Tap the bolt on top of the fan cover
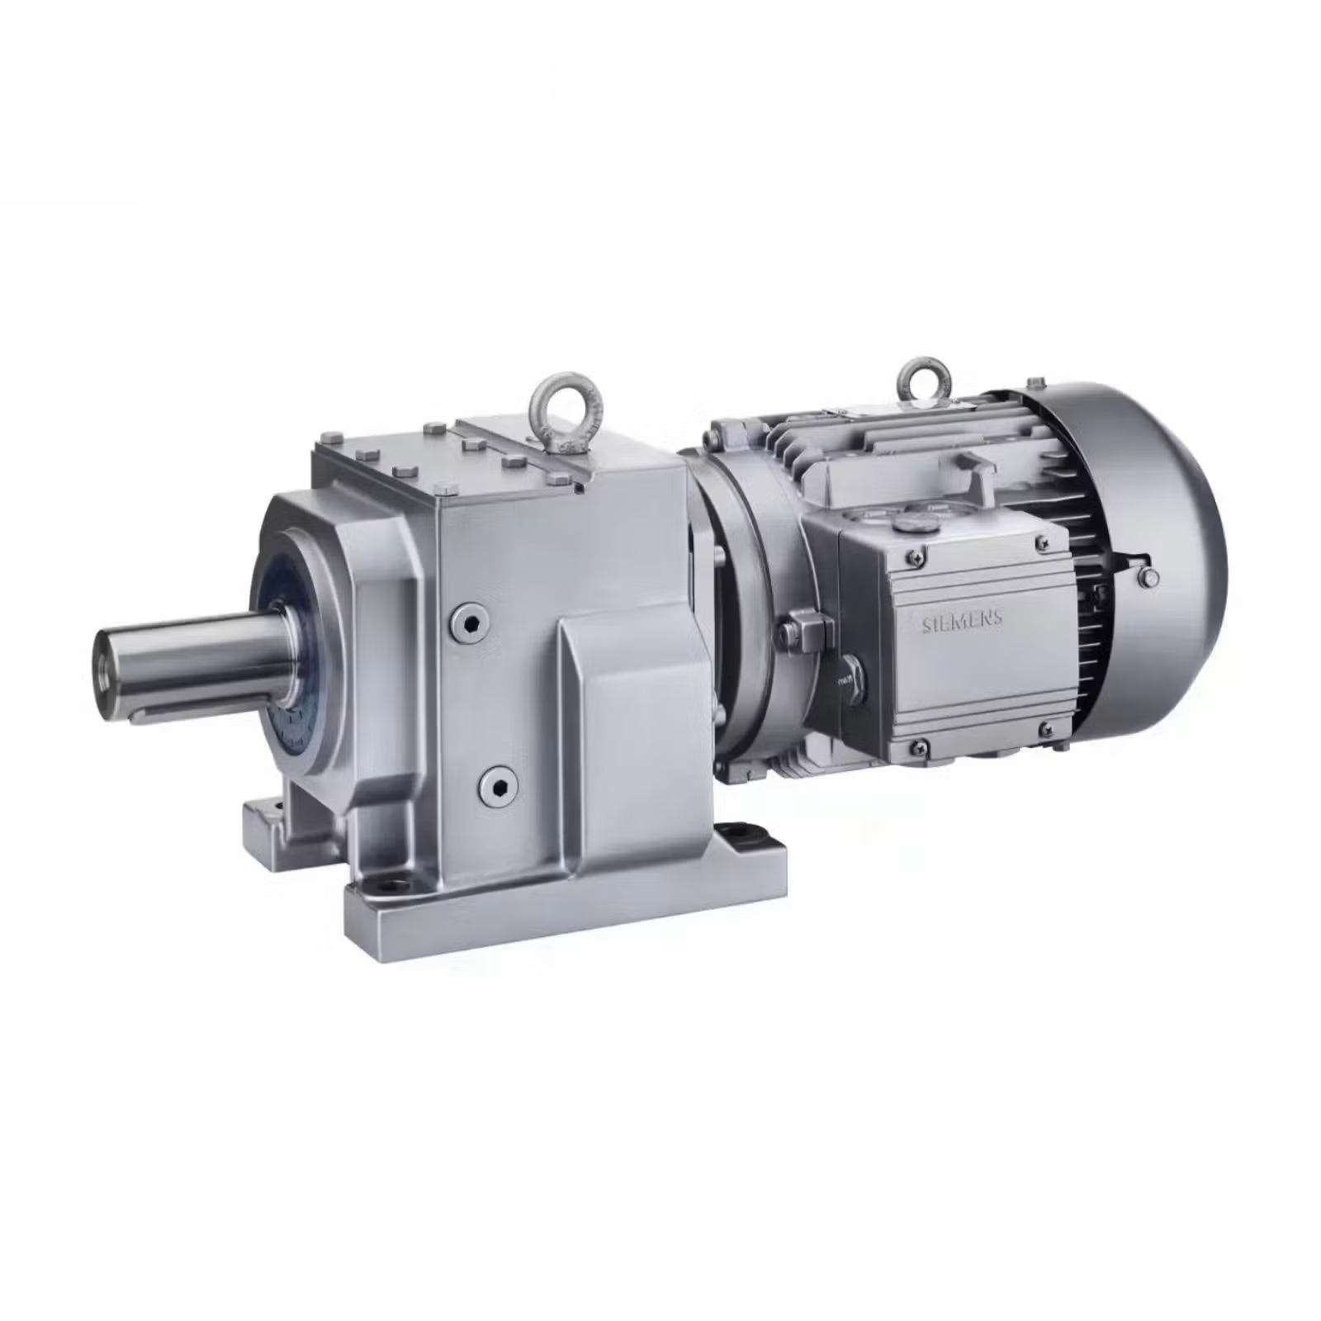coord(1034,382)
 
